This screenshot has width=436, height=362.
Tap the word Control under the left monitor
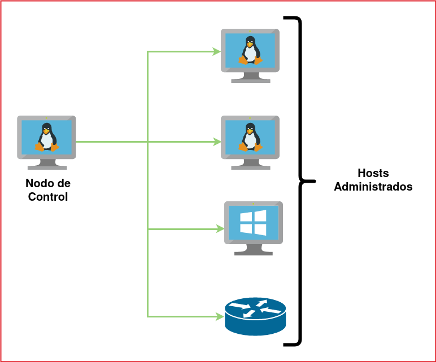pyautogui.click(x=48, y=197)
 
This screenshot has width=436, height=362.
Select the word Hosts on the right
pyautogui.click(x=373, y=173)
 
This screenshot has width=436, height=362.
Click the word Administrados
pyautogui.click(x=373, y=187)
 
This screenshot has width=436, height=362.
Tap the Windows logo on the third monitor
pyautogui.click(x=253, y=223)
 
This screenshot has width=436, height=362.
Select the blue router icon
pyautogui.click(x=255, y=316)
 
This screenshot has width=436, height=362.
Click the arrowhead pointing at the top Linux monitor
pyautogui.click(x=217, y=52)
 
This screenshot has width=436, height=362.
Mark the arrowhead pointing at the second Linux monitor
pyautogui.click(x=217, y=142)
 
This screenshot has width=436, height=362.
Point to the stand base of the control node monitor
pyautogui.click(x=47, y=167)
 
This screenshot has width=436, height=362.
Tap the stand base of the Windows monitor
pyautogui.click(x=254, y=253)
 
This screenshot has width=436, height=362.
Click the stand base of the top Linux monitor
pyautogui.click(x=250, y=80)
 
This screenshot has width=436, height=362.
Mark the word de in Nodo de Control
pyautogui.click(x=64, y=184)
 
